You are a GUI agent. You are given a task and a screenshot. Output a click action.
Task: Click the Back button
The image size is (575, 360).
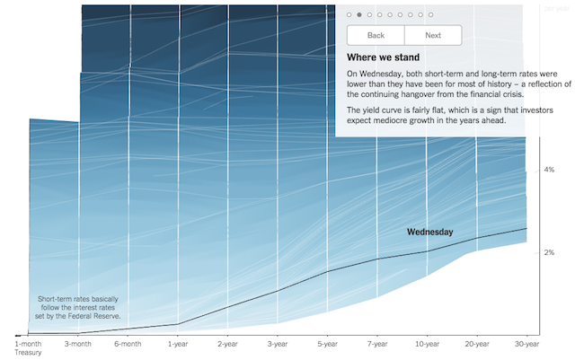pyautogui.click(x=376, y=35)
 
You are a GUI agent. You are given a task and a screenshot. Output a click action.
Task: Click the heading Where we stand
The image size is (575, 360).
pyautogui.click(x=384, y=57)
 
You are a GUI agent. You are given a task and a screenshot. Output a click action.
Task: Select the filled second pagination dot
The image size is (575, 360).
pyautogui.click(x=359, y=14)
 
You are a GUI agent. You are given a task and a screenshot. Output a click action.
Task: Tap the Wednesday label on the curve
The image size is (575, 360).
pyautogui.click(x=430, y=232)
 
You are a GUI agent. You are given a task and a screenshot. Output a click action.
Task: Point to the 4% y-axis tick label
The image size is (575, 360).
pyautogui.click(x=549, y=170)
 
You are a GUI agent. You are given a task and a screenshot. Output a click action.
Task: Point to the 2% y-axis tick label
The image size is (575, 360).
pyautogui.click(x=549, y=252)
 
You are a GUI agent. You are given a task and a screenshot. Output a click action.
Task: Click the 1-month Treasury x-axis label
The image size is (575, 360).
pyautogui.click(x=28, y=348)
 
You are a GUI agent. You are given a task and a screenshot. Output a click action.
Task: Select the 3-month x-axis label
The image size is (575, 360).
pyautogui.click(x=78, y=344)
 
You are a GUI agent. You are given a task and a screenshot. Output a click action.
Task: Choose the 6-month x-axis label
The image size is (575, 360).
pyautogui.click(x=128, y=344)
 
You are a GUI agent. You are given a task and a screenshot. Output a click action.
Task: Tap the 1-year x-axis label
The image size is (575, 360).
pyautogui.click(x=178, y=344)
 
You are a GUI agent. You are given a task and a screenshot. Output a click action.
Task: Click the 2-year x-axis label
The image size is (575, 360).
pyautogui.click(x=227, y=344)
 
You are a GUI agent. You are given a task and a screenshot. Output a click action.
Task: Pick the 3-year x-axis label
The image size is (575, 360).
pyautogui.click(x=278, y=344)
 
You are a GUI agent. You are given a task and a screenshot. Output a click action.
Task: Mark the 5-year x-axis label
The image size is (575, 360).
pyautogui.click(x=327, y=344)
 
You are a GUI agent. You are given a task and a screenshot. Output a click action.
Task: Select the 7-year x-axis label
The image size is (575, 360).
pyautogui.click(x=377, y=344)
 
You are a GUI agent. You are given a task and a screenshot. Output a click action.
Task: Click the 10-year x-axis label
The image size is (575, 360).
pyautogui.click(x=428, y=344)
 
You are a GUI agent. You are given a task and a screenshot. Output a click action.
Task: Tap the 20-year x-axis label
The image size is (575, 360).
pyautogui.click(x=477, y=344)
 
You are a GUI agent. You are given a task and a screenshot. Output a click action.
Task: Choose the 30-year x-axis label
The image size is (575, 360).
pyautogui.click(x=527, y=344)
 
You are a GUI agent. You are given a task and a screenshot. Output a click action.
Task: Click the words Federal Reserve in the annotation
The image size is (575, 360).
pyautogui.click(x=97, y=316)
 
